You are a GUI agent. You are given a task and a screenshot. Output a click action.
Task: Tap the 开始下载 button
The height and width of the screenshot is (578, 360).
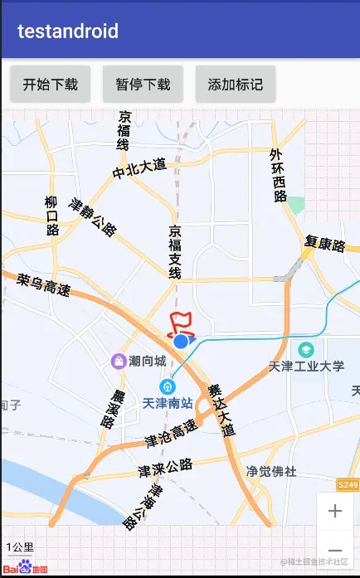50,84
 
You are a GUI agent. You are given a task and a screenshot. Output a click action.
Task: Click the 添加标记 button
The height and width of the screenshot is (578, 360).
236,84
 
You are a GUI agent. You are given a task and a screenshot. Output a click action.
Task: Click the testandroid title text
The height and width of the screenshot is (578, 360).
68,32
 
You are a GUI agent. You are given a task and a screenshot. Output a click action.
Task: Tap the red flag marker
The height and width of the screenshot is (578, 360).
178,323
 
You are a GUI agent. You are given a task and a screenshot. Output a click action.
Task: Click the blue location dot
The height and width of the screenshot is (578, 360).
181,340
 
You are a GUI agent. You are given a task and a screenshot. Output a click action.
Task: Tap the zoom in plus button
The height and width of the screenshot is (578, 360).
335,512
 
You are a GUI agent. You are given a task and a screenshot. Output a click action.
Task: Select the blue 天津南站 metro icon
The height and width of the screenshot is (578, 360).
168,386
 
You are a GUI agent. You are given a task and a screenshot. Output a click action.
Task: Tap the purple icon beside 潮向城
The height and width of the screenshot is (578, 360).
119,361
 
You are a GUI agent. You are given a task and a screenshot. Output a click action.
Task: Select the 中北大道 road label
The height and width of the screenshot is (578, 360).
139,169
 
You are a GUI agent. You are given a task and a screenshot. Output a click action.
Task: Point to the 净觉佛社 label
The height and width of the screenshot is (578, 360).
270,472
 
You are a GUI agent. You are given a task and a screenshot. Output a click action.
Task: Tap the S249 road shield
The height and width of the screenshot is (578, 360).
348,483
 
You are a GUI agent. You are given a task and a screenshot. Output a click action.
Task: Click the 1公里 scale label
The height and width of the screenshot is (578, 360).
20,547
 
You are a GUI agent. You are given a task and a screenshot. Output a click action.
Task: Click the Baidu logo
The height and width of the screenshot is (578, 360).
25,568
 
